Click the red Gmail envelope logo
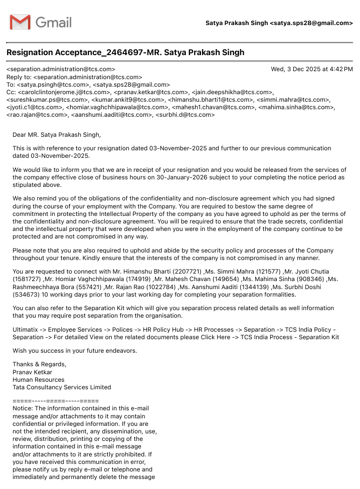click(20, 23)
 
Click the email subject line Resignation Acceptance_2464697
click(125, 53)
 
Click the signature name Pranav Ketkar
click(32, 372)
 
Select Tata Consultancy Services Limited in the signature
click(62, 387)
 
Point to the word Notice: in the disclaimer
click(22, 408)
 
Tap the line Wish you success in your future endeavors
click(75, 351)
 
